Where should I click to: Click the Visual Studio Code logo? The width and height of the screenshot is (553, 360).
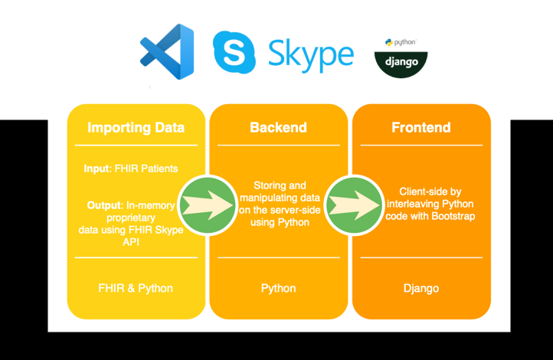167,51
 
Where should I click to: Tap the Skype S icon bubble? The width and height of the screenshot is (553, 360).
234,51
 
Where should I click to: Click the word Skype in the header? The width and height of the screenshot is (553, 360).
310,53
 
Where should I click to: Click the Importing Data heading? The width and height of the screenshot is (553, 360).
136,127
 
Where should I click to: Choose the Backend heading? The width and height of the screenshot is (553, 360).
278,127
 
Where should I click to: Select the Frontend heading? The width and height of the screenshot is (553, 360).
421,127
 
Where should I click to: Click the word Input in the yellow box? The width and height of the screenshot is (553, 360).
97,169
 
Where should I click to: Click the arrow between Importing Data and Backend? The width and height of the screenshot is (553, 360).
208,205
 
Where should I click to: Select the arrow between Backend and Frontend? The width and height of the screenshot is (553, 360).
352,205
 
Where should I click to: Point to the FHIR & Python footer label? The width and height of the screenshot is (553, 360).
136,288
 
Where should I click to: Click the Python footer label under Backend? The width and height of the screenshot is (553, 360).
278,288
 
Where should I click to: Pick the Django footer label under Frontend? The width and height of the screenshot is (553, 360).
421,288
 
